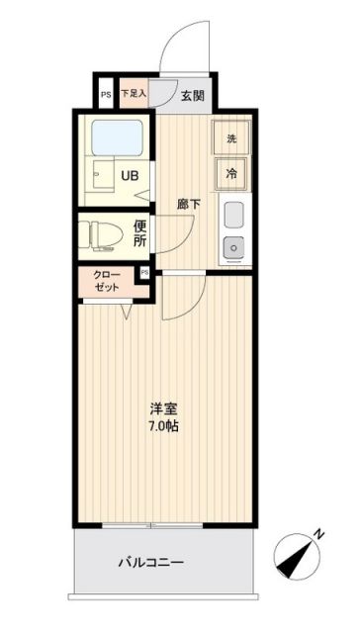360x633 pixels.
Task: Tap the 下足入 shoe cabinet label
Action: click(133, 95)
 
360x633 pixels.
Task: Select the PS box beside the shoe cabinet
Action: click(106, 95)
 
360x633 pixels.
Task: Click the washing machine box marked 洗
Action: click(231, 138)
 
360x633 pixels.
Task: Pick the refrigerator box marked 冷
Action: click(231, 173)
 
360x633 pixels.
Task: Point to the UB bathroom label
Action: click(130, 178)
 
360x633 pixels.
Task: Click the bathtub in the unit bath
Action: click(118, 138)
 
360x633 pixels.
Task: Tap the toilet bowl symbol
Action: click(101, 234)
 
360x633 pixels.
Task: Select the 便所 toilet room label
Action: click(140, 233)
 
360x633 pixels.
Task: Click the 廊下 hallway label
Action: click(188, 204)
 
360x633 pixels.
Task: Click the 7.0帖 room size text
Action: click(164, 427)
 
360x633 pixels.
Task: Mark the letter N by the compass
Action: click(318, 534)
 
